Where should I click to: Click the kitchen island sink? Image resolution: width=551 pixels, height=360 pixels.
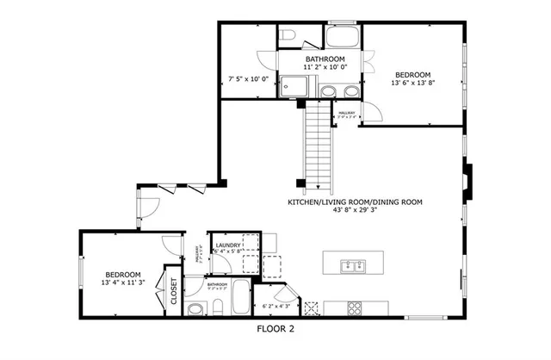pyautogui.click(x=350, y=264)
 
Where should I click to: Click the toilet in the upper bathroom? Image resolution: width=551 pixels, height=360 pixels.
pyautogui.click(x=290, y=34)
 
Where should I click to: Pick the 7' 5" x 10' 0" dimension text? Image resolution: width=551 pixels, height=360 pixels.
pyautogui.click(x=249, y=79)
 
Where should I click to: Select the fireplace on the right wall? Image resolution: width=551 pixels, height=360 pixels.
pyautogui.click(x=466, y=182)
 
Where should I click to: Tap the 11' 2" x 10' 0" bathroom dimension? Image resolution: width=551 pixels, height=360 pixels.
pyautogui.click(x=325, y=66)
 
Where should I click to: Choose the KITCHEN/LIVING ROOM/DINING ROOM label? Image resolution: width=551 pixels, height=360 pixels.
pyautogui.click(x=355, y=202)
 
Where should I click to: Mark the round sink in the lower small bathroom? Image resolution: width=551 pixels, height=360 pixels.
pyautogui.click(x=195, y=307)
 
